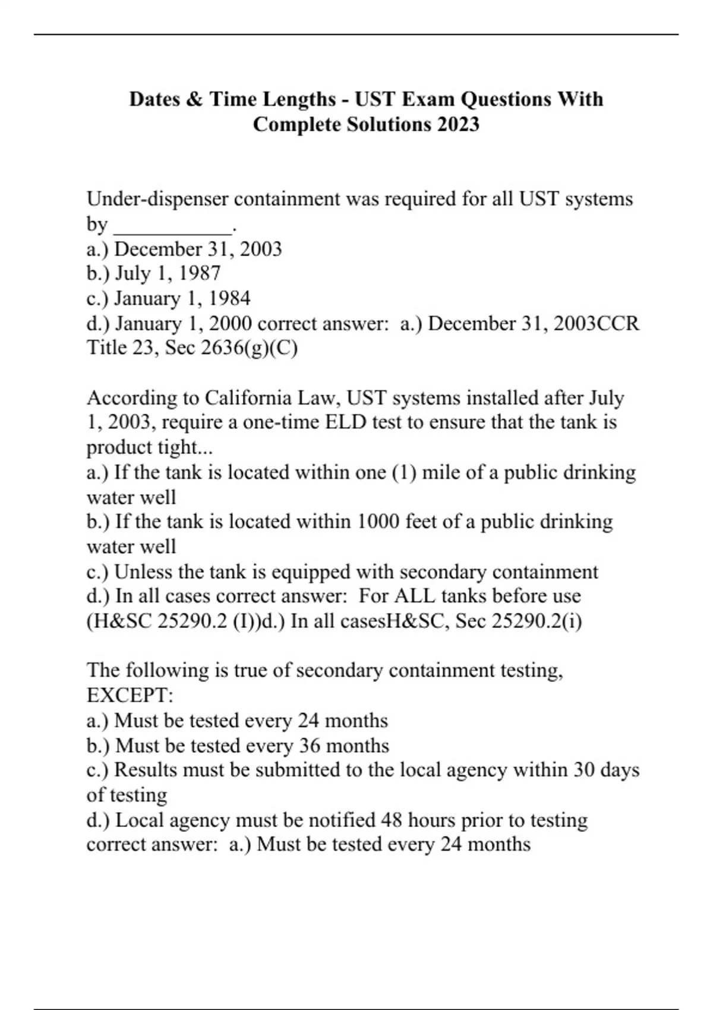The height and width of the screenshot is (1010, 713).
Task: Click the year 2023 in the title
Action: (x=458, y=125)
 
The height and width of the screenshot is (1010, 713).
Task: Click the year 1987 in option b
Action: (x=200, y=273)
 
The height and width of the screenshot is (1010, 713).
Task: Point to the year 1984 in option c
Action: (x=229, y=298)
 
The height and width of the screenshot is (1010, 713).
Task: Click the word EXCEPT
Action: (x=128, y=695)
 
